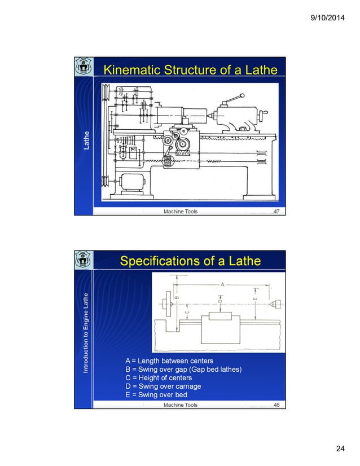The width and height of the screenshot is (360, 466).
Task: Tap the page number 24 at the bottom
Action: (340, 449)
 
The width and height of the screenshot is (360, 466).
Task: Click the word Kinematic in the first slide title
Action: (131, 70)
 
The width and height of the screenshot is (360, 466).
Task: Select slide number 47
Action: (276, 212)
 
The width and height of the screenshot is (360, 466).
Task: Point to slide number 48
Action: (276, 405)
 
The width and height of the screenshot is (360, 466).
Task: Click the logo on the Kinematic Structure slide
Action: (84, 68)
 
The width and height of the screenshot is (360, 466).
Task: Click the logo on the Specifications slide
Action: (84, 260)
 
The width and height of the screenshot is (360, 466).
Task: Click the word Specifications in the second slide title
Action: (157, 261)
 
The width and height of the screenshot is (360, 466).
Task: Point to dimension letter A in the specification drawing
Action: (222, 284)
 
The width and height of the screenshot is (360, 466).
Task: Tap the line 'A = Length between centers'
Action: (169, 361)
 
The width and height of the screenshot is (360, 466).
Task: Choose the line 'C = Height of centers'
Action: (156, 377)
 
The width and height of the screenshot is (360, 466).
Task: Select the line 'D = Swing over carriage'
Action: (163, 386)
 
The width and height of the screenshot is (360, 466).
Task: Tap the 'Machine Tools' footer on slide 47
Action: (181, 212)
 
